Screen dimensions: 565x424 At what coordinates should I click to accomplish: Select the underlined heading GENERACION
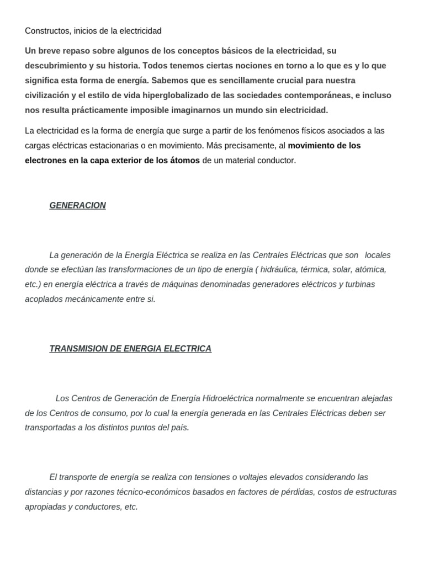pyautogui.click(x=77, y=205)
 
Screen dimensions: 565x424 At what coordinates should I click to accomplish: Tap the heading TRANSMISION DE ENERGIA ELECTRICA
pyautogui.click(x=130, y=349)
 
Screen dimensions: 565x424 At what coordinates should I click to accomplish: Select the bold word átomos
pyautogui.click(x=183, y=161)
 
